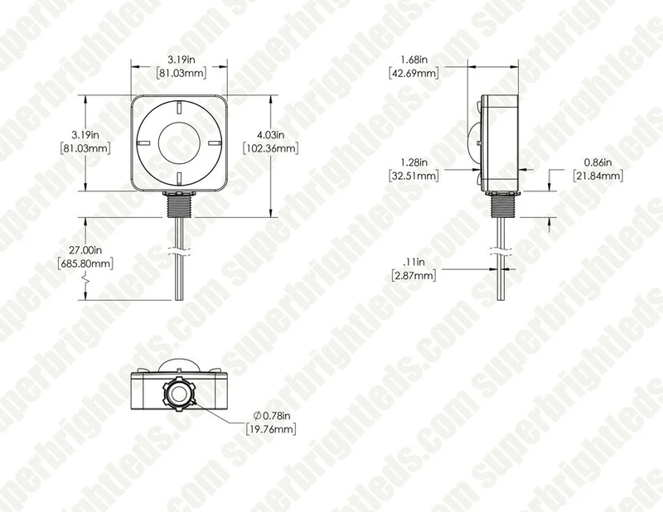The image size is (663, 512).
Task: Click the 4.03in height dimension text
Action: (x=269, y=134)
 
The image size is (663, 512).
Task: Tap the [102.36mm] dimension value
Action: (x=270, y=148)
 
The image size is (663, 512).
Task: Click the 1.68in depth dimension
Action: (x=414, y=59)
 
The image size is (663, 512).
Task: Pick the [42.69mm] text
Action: (x=414, y=73)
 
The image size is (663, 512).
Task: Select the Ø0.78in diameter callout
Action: (x=272, y=414)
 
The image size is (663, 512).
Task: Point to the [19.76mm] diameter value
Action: (x=272, y=428)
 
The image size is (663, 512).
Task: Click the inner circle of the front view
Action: (x=179, y=143)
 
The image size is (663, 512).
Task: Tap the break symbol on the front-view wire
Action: (x=179, y=249)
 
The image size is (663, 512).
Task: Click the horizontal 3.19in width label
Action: (x=179, y=59)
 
